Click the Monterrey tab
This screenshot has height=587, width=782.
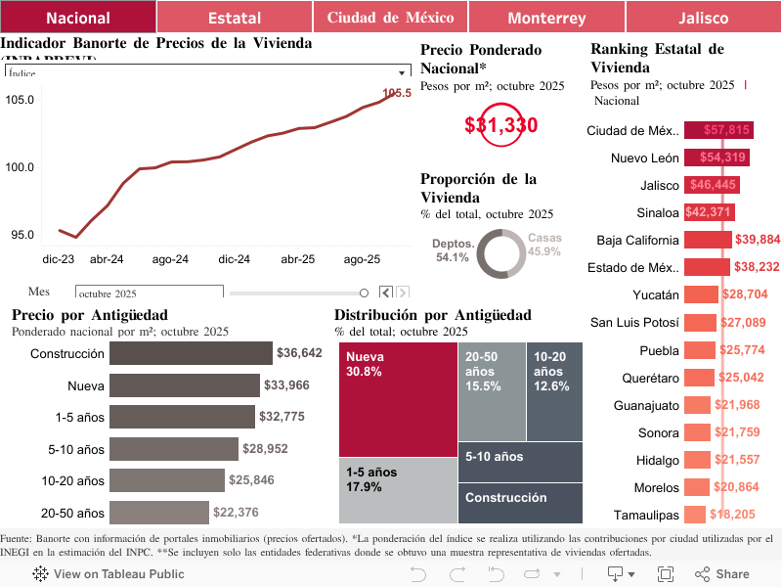tap(546, 18)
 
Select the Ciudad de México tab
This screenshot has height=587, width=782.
tap(390, 18)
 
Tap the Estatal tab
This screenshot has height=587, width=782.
tap(234, 18)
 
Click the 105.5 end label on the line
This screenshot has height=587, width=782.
tap(396, 94)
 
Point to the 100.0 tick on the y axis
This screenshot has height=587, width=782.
tap(20, 167)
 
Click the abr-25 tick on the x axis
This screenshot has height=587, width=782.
tap(298, 259)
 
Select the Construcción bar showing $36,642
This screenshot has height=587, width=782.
tap(191, 353)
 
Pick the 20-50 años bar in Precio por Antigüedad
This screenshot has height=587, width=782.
tap(159, 513)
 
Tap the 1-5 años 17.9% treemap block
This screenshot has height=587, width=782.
tap(398, 490)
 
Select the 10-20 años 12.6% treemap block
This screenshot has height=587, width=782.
tap(554, 391)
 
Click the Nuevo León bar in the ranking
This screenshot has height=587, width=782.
tap(717, 158)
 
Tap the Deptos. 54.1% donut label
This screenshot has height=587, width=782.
tap(455, 250)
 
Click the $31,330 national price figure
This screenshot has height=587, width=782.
tap(500, 125)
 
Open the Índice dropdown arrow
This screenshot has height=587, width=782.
tap(402, 73)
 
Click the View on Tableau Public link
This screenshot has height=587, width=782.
tap(109, 574)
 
